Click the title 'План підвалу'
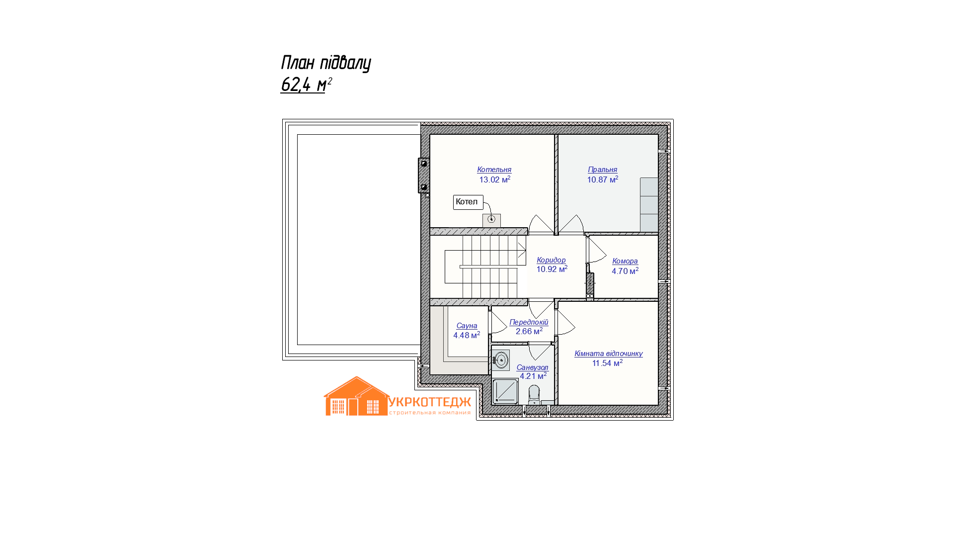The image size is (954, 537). tap(326, 63)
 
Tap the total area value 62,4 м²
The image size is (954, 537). tap(306, 85)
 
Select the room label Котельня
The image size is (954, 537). tap(494, 170)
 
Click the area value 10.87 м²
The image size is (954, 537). tap(603, 179)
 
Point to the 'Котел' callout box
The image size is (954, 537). tap(468, 202)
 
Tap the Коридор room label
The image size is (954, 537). tap(551, 260)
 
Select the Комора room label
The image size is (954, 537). tap(625, 261)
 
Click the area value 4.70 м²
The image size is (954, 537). tap(625, 271)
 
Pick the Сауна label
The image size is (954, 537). tap(467, 326)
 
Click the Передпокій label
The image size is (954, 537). tap(529, 322)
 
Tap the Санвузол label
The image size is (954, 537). tap(532, 367)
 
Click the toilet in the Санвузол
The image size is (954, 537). tap(534, 394)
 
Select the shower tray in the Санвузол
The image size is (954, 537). tap(505, 391)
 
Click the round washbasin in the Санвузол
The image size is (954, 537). tap(501, 359)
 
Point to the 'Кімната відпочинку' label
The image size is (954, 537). tap(609, 354)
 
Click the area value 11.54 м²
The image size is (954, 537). tap(607, 363)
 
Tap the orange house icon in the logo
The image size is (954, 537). tap(357, 396)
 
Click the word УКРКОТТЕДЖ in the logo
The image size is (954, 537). tap(429, 402)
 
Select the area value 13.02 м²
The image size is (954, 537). tap(495, 179)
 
